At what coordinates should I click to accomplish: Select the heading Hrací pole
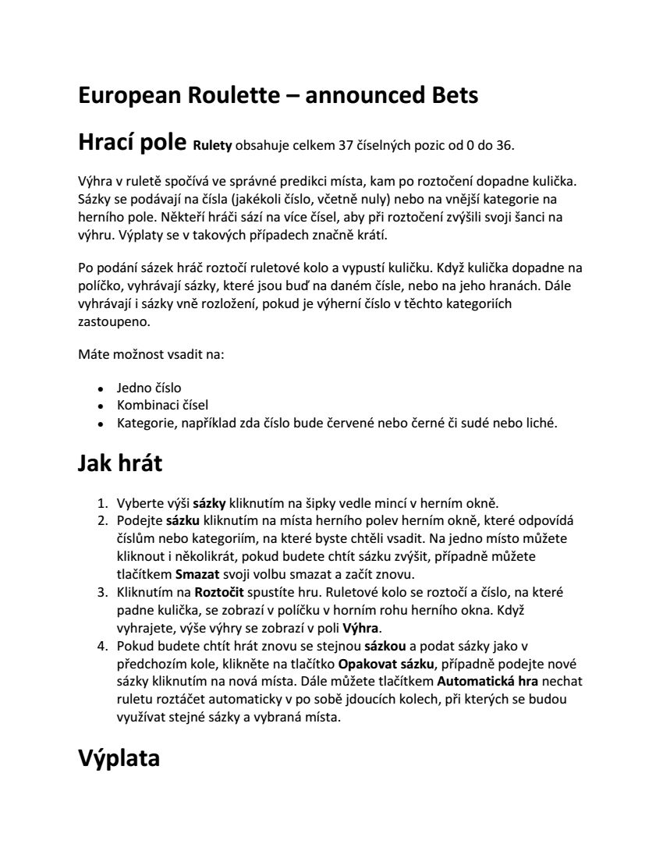click(131, 143)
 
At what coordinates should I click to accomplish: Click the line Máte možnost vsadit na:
click(151, 355)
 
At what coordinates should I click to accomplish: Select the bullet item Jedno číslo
click(149, 388)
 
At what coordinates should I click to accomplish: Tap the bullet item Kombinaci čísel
click(162, 406)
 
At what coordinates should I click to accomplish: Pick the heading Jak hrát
click(119, 463)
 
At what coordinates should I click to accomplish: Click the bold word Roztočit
click(220, 592)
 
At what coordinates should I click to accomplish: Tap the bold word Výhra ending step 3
click(363, 628)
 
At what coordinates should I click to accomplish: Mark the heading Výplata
click(119, 758)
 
